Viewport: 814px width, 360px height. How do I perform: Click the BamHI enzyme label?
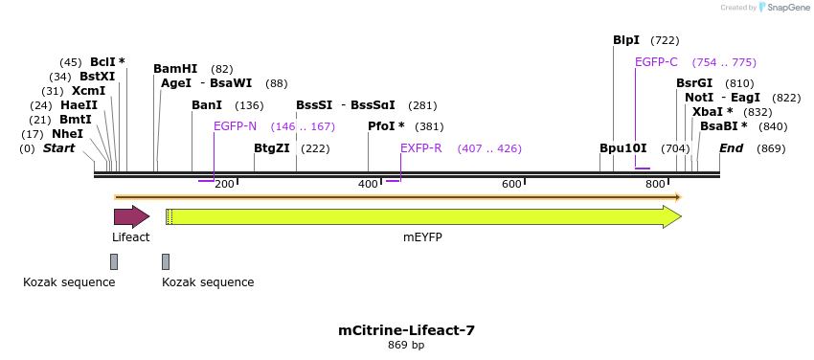[x=175, y=69]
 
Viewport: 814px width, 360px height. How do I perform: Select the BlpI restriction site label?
[x=626, y=40]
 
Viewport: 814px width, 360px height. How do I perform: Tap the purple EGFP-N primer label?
[x=235, y=126]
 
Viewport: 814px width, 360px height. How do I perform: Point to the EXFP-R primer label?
[x=421, y=148]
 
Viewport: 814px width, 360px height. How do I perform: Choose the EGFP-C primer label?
[x=656, y=62]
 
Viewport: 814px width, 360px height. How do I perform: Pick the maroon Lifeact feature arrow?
[x=131, y=216]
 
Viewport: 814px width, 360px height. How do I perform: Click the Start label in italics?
[x=58, y=148]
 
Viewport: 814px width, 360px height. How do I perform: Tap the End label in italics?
[x=731, y=148]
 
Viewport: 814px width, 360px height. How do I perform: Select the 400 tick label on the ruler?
[x=369, y=184]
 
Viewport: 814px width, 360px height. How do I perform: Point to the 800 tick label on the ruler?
[x=655, y=184]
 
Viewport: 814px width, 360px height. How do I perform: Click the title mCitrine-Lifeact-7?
[x=406, y=330]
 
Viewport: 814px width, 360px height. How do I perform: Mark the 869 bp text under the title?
[x=406, y=345]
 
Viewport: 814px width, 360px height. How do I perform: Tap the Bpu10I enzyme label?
[x=623, y=148]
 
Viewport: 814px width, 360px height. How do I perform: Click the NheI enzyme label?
[x=68, y=134]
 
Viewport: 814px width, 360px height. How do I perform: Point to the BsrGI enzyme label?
[x=694, y=83]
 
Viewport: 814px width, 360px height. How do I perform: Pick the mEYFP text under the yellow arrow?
[x=422, y=237]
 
